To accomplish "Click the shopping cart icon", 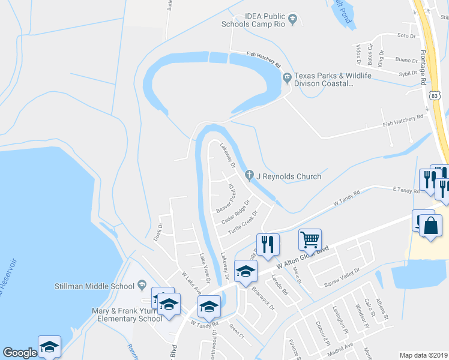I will point(310,239).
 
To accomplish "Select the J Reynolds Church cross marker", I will point(250,176).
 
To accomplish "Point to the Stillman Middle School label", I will point(94,286).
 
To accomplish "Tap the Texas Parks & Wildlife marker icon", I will point(287,76).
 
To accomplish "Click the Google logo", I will point(20,353).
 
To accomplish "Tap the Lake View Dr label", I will point(205,268).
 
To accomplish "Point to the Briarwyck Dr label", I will point(263,298).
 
